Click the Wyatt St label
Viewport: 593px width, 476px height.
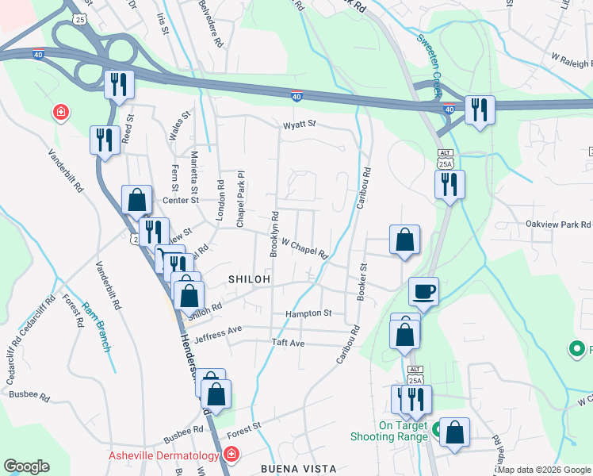point(300,125)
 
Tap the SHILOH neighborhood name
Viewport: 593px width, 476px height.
point(250,280)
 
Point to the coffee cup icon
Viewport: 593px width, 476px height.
point(423,291)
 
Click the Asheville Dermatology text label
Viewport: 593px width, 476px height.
point(163,455)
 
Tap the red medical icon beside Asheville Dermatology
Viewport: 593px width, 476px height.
point(231,455)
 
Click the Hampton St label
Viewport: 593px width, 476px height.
point(310,313)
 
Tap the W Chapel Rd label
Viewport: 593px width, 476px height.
point(304,250)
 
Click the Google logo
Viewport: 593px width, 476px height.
point(26,466)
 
